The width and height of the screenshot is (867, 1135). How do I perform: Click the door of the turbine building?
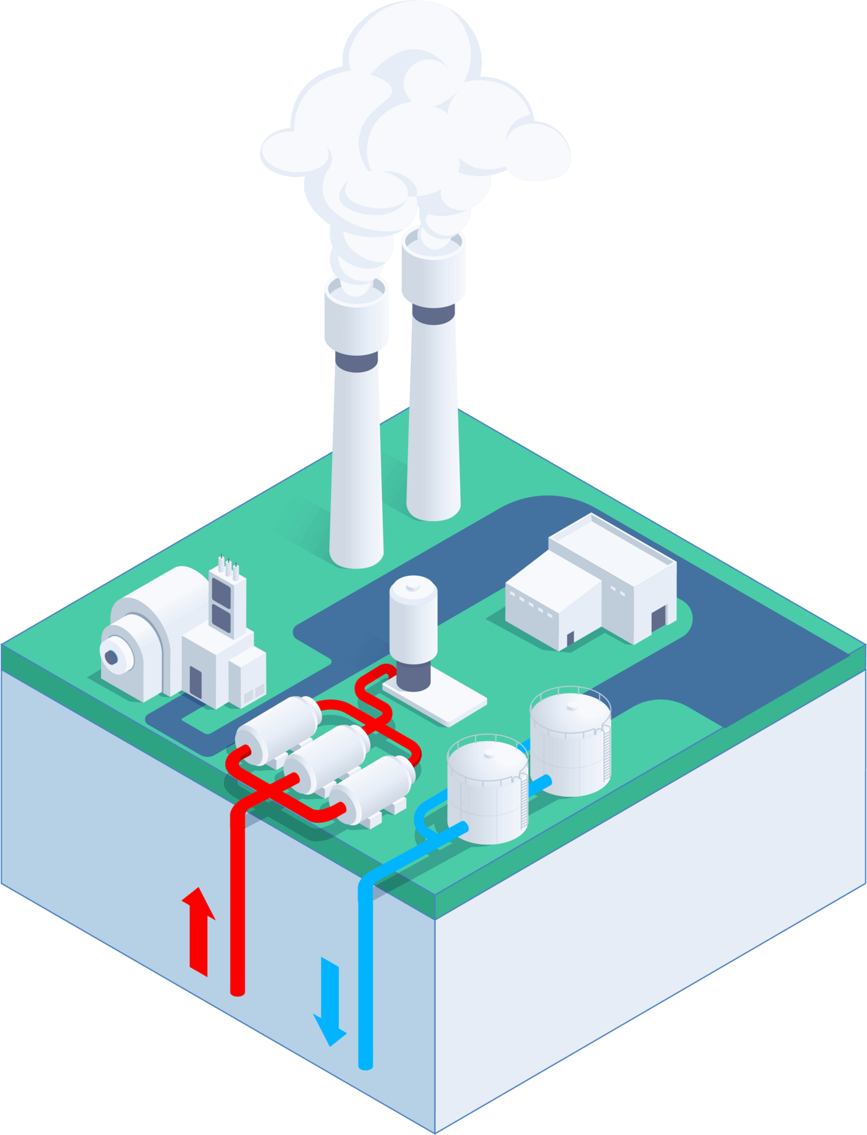[x=196, y=681]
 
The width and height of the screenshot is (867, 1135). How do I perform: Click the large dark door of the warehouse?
[x=658, y=621]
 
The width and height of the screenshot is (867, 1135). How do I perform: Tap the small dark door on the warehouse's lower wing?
[x=570, y=639]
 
